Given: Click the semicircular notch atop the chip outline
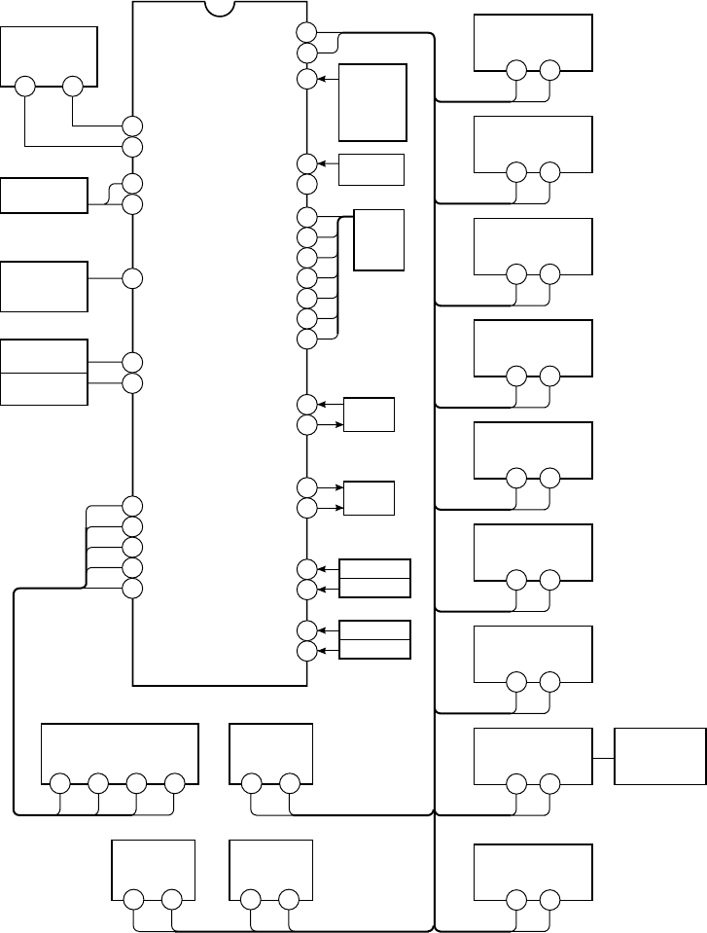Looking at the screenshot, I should click(x=221, y=8).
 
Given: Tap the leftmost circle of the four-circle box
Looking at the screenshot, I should click(x=59, y=782).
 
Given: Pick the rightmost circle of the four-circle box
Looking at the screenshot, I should click(x=174, y=782).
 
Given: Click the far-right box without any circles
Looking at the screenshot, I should click(x=660, y=755).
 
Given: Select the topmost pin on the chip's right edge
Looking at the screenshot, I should click(x=306, y=32).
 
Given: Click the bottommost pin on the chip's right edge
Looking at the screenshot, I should click(x=306, y=651).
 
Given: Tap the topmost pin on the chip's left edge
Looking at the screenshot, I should click(x=133, y=126).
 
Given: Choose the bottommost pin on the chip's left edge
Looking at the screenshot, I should click(x=133, y=589).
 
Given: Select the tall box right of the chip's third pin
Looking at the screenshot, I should click(x=372, y=102).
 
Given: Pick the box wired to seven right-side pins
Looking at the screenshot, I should click(x=378, y=239).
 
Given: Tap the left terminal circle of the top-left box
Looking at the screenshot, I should click(x=25, y=86).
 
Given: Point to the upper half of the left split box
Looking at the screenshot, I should click(x=45, y=356).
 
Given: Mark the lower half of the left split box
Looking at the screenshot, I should click(x=45, y=388).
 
